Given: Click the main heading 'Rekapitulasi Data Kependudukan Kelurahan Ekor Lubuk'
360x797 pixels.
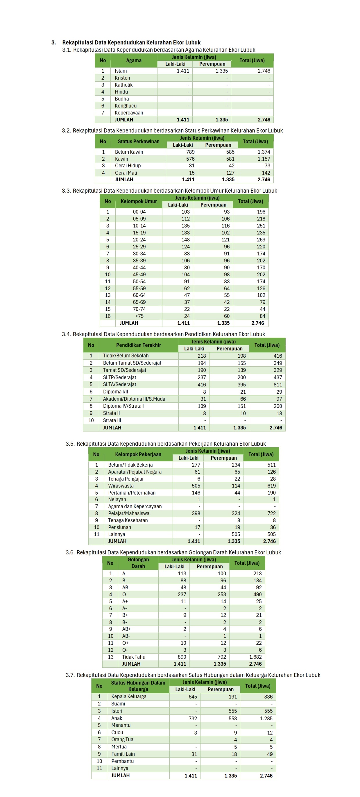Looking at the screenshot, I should coord(131,42).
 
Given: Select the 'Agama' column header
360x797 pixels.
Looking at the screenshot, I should coord(134,60).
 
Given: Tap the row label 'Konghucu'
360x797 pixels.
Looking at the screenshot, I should coord(126,106).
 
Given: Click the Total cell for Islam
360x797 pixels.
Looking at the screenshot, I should coord(264,71).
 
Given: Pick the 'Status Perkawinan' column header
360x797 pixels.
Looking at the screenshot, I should coord(139,142).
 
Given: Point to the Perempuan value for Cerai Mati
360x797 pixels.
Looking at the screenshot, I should coord(230,173).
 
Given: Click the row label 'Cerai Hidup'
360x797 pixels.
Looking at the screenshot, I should coord(128,166).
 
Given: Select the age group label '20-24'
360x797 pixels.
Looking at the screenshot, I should coord(139,239).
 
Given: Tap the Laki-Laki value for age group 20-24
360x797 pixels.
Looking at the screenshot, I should coord(186,239).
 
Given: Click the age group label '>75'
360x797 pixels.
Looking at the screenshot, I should coord(139,316).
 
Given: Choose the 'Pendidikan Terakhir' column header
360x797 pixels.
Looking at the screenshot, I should coord(139,345).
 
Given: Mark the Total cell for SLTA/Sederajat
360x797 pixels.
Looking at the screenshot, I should coord(277,384).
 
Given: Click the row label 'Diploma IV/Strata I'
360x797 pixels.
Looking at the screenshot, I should coord(123,406).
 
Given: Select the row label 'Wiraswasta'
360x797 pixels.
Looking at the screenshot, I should coord(121,486).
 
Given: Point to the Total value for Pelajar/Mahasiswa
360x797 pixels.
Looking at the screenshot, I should coord(271,513).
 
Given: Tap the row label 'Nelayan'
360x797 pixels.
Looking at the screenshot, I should coord(117,499).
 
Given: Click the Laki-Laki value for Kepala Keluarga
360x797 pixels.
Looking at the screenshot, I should coord(192,696).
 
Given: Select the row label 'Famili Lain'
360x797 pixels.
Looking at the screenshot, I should coord(123,754).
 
